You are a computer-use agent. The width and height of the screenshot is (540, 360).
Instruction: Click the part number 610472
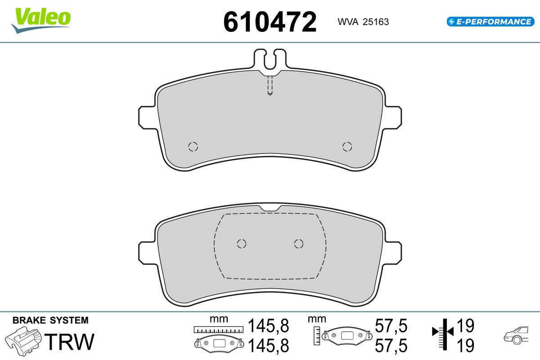[x=270, y=22]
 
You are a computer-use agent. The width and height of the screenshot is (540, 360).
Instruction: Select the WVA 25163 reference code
[x=363, y=22]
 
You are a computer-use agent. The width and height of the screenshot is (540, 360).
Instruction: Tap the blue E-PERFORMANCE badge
[x=490, y=22]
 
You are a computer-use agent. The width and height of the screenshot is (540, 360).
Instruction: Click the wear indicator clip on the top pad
[x=270, y=59]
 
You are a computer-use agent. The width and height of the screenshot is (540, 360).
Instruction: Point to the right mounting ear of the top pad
[x=393, y=117]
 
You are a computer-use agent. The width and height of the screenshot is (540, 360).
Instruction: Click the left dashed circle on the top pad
[x=193, y=147]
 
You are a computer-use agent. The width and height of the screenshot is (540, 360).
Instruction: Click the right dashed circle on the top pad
[x=347, y=147]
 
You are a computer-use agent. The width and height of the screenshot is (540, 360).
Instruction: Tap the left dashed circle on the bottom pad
[x=242, y=243]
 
